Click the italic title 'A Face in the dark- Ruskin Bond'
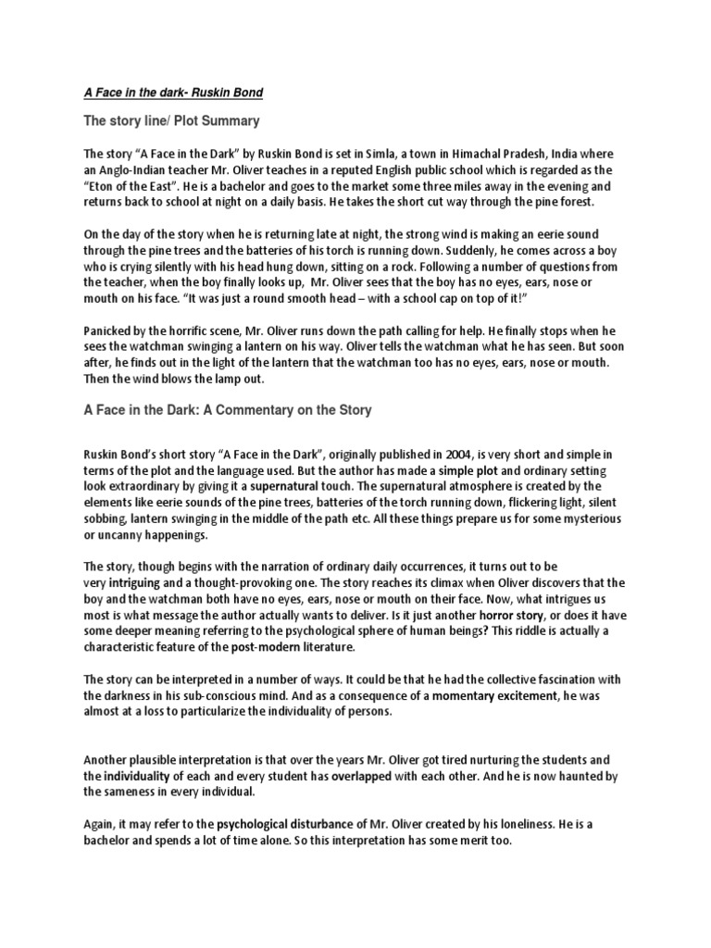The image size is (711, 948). click(175, 92)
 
